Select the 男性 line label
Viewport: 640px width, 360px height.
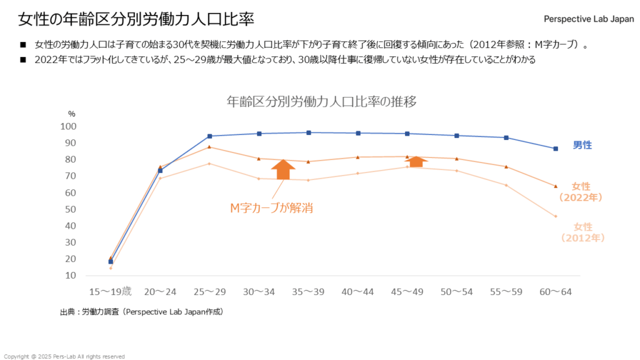582,145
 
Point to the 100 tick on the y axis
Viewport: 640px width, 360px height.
68,126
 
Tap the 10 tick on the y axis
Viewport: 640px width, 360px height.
71,275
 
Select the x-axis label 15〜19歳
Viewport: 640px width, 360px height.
111,291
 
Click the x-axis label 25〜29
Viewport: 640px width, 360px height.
209,291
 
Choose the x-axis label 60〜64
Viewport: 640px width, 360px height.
555,291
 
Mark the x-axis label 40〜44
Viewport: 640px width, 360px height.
357,291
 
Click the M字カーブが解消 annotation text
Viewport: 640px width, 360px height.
271,209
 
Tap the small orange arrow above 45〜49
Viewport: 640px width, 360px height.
416,161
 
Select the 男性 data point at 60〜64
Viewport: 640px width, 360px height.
555,149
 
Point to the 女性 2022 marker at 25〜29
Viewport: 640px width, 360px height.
209,147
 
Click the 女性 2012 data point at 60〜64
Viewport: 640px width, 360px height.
555,216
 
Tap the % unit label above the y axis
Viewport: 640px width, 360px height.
71,114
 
